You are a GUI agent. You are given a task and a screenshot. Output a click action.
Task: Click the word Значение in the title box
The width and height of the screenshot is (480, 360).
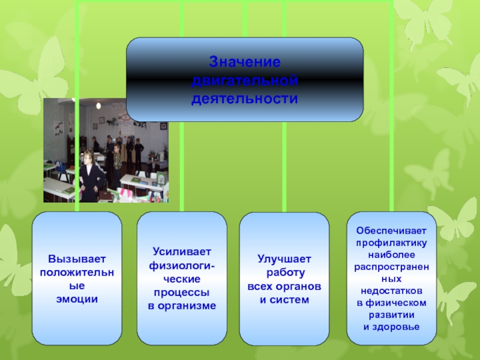tap(244, 62)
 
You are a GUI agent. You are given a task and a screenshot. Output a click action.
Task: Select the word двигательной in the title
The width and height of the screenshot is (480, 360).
tap(244, 80)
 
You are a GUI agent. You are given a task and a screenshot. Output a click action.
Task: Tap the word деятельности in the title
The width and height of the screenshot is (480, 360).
tap(244, 97)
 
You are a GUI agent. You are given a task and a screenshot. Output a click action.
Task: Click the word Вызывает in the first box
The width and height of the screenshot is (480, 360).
tap(77, 259)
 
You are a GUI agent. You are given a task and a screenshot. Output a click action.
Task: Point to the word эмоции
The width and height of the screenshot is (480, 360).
tap(77, 298)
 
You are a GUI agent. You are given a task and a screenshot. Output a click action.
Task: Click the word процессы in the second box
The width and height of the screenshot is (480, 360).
tap(182, 293)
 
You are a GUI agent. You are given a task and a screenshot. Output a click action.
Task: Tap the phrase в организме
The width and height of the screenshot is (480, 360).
tap(182, 306)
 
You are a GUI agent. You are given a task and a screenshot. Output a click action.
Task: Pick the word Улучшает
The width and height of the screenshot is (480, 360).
tap(284, 259)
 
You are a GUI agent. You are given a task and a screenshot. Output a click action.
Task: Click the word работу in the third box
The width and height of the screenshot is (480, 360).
tap(284, 272)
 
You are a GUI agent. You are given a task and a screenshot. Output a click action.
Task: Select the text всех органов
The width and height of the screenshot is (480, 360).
tap(284, 286)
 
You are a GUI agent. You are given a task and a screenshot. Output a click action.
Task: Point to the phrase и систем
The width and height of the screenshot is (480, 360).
tap(284, 299)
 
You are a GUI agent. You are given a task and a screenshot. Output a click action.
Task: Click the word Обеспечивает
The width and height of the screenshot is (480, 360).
tap(392, 230)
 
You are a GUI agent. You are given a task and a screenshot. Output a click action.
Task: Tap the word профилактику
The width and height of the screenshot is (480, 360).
tap(392, 242)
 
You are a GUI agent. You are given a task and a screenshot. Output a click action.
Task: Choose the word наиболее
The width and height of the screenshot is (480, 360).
tap(392, 254)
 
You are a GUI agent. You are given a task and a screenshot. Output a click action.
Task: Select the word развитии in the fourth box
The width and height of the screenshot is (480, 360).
tap(392, 314)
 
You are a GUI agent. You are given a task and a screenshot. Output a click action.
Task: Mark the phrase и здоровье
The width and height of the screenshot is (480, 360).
tap(392, 326)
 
